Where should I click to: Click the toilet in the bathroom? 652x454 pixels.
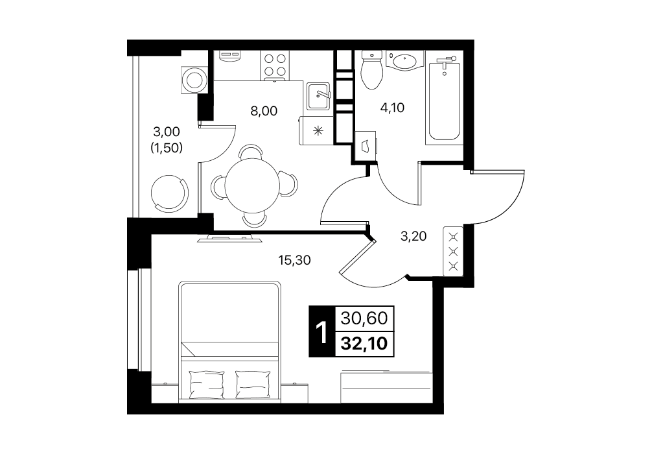pyautogui.click(x=371, y=70)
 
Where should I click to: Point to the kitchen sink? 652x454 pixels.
pyautogui.click(x=318, y=96)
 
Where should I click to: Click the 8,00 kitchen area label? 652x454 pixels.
pyautogui.click(x=264, y=111)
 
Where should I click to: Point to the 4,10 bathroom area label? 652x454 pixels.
pyautogui.click(x=392, y=108)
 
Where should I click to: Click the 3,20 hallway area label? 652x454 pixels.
pyautogui.click(x=413, y=236)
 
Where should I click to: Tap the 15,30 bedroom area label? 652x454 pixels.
pyautogui.click(x=294, y=260)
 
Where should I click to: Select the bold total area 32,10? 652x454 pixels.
pyautogui.click(x=364, y=344)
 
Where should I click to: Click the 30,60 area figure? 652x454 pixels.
pyautogui.click(x=364, y=318)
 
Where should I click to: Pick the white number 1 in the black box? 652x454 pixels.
pyautogui.click(x=321, y=332)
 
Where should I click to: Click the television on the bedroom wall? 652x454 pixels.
pyautogui.click(x=229, y=239)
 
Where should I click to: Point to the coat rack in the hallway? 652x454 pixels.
pyautogui.click(x=454, y=251)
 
